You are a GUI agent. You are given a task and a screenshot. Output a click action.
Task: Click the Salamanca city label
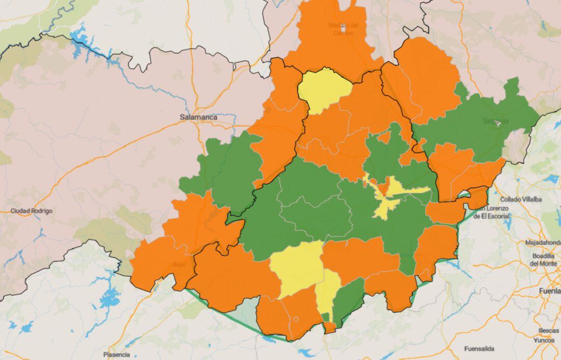[x=198, y=117]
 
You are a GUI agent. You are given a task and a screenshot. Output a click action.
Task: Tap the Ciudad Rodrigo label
[x=32, y=211]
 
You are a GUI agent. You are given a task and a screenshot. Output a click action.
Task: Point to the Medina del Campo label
[x=343, y=29]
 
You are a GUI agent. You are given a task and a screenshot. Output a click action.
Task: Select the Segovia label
[x=496, y=121]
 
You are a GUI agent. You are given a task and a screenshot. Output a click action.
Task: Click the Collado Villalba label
[x=521, y=199]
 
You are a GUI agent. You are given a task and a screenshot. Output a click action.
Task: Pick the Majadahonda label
[x=543, y=243]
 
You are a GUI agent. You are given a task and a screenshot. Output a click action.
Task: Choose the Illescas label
[x=549, y=330]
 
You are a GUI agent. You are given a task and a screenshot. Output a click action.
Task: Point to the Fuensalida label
[x=479, y=349]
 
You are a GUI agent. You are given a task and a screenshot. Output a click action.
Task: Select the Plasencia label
[x=116, y=355]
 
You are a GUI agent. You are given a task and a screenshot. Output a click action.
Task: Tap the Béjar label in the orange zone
[x=179, y=264]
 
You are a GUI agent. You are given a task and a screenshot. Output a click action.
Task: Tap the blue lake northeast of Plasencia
[x=110, y=298]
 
